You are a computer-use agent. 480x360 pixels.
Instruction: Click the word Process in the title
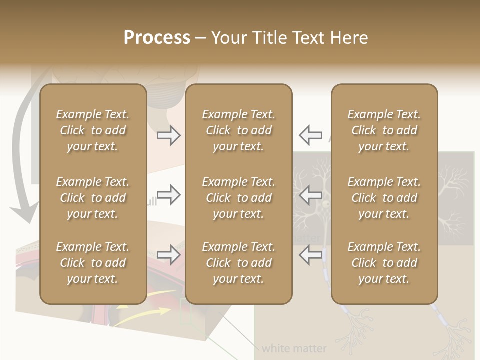pyautogui.click(x=157, y=38)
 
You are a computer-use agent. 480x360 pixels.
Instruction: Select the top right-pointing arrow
pyautogui.click(x=169, y=135)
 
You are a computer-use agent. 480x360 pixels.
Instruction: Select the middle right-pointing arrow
pyautogui.click(x=169, y=195)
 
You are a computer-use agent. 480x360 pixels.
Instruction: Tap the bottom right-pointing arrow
pyautogui.click(x=169, y=255)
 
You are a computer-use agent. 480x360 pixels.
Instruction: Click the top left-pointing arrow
pyautogui.click(x=310, y=135)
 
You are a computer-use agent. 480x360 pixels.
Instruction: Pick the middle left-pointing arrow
pyautogui.click(x=310, y=195)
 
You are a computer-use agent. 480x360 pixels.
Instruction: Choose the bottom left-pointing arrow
pyautogui.click(x=310, y=255)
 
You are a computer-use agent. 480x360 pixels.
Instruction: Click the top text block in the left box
pyautogui.click(x=93, y=130)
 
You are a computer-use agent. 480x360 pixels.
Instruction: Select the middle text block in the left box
pyautogui.click(x=93, y=198)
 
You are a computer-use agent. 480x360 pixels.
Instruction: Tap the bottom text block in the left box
pyautogui.click(x=93, y=263)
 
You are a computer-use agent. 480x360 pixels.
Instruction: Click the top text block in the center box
pyautogui.click(x=239, y=130)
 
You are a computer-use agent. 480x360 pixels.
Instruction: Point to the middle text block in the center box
pyautogui.click(x=239, y=198)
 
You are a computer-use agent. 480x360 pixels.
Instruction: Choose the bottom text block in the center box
pyautogui.click(x=239, y=263)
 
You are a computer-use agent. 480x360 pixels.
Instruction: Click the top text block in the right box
pyautogui.click(x=384, y=130)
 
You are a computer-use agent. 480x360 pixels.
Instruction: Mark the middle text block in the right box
pyautogui.click(x=384, y=198)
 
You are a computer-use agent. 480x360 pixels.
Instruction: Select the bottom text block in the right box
pyautogui.click(x=384, y=263)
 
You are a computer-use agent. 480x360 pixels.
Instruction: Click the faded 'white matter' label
pyautogui.click(x=294, y=348)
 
